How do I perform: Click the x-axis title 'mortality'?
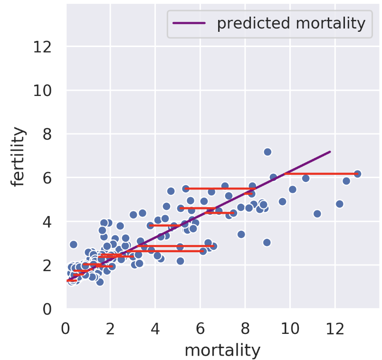coord(222,350)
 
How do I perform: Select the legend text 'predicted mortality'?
coord(291,23)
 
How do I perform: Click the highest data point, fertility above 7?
coord(267,152)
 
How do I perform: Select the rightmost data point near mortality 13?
coord(357,174)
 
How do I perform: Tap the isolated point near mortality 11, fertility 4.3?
coord(317,214)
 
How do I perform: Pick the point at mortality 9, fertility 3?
coord(267,242)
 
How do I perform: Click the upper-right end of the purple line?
coord(329,152)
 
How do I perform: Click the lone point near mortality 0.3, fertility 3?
coord(73,244)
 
